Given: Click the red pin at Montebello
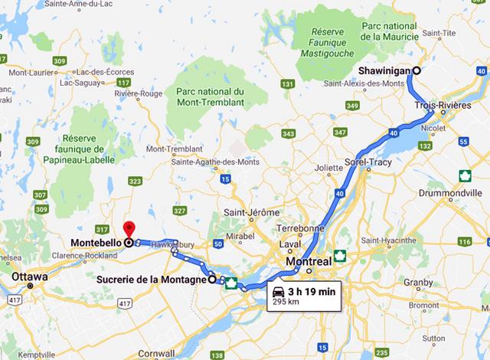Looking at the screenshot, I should pyautogui.click(x=129, y=228).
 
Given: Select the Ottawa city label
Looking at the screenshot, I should pyautogui.click(x=31, y=277).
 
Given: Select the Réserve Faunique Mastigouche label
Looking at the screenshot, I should pyautogui.click(x=330, y=44).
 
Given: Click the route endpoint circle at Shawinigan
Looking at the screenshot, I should pyautogui.click(x=416, y=70).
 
